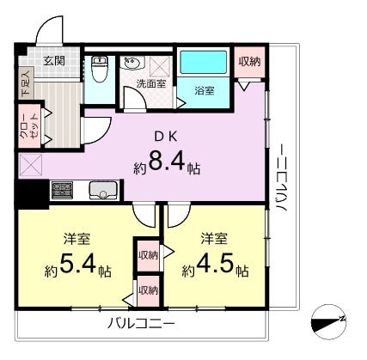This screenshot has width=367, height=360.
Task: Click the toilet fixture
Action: pyautogui.click(x=99, y=69)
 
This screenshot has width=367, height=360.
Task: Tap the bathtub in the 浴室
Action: pyautogui.click(x=204, y=62)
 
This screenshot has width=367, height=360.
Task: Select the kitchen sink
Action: pyautogui.click(x=103, y=191)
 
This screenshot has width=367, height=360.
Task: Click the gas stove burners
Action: pyautogui.click(x=62, y=190)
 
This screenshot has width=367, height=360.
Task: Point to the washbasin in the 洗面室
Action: pyautogui.click(x=132, y=63)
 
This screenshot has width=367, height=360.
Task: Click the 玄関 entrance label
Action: pyautogui.click(x=54, y=61)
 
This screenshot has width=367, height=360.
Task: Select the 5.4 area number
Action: pyautogui.click(x=78, y=264)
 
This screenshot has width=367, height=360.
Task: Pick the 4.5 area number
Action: pyautogui.click(x=215, y=264)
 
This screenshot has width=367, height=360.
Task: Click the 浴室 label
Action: pyautogui.click(x=205, y=91)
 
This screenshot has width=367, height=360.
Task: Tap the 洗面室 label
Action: pyautogui.click(x=151, y=83)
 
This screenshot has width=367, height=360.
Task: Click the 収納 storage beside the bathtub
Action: pyautogui.click(x=250, y=62)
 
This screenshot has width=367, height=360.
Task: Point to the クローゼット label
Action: pyautogui.click(x=29, y=126)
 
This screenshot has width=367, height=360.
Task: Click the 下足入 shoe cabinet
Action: pyautogui.click(x=26, y=82)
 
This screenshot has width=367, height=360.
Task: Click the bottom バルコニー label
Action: pyautogui.click(x=141, y=324)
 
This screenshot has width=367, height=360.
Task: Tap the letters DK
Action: pyautogui.click(x=166, y=137)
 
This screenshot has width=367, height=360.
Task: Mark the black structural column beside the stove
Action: pyautogui.click(x=32, y=194)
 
